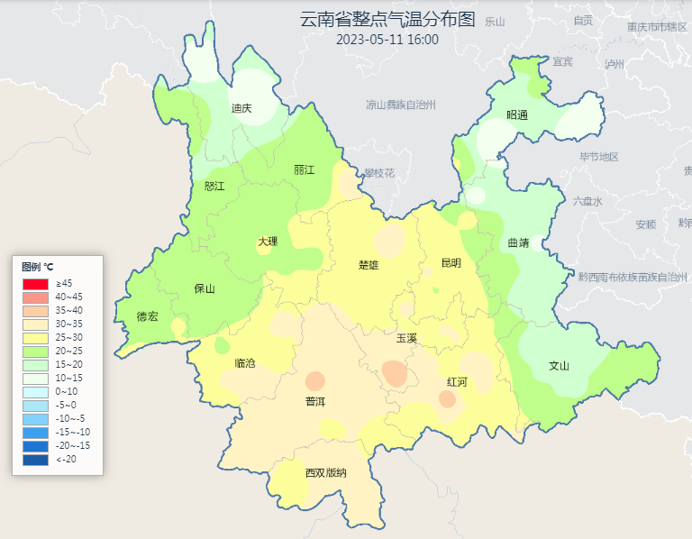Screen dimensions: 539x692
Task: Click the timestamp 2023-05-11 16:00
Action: pyautogui.click(x=387, y=40)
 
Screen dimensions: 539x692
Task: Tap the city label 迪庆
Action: pyautogui.click(x=241, y=108)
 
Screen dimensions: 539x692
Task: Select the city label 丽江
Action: pyautogui.click(x=304, y=169)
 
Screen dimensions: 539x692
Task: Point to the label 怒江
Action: pyautogui.click(x=214, y=186)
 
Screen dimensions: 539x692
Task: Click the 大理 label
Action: pyautogui.click(x=268, y=241)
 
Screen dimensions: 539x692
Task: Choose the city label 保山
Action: pyautogui.click(x=205, y=288)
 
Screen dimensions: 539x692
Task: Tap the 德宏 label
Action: pyautogui.click(x=147, y=316)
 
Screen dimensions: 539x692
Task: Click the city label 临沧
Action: pyautogui.click(x=244, y=363)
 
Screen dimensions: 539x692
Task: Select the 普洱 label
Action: pyautogui.click(x=315, y=401)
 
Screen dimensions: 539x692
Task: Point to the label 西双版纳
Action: pyautogui.click(x=325, y=472)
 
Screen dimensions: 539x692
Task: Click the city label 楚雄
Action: pyautogui.click(x=369, y=265)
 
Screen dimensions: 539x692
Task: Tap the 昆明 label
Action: pyautogui.click(x=451, y=263)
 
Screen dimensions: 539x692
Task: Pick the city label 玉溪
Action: pyautogui.click(x=406, y=338)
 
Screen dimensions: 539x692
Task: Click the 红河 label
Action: pyautogui.click(x=457, y=382)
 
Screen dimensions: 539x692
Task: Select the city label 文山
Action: pyautogui.click(x=559, y=366)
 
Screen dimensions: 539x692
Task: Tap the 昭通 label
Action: pyautogui.click(x=516, y=114)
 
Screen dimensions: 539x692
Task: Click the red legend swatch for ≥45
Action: pyautogui.click(x=35, y=284)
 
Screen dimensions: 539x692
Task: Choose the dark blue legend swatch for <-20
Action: pyautogui.click(x=35, y=460)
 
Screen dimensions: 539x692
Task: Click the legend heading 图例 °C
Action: pyautogui.click(x=38, y=267)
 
